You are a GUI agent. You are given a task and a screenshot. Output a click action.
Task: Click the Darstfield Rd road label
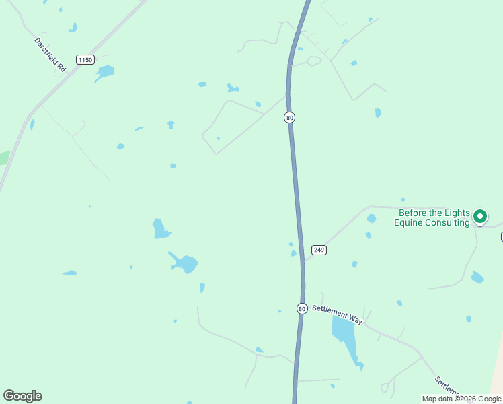click(50, 55)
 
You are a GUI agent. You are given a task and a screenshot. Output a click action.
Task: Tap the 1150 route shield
click(85, 60)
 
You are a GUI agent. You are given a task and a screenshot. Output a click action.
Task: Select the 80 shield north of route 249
click(289, 117)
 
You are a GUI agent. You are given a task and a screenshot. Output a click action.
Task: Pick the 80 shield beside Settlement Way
click(302, 308)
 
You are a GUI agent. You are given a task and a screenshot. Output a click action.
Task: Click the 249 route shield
click(319, 250)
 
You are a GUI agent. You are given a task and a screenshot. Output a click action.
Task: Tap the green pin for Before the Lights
click(479, 216)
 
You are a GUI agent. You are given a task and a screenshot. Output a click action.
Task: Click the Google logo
click(22, 396)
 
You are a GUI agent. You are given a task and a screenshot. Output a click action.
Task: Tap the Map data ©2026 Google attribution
click(461, 399)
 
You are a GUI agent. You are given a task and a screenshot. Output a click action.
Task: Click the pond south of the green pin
click(477, 277)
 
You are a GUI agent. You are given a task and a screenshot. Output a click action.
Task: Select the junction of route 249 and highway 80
click(303, 260)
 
